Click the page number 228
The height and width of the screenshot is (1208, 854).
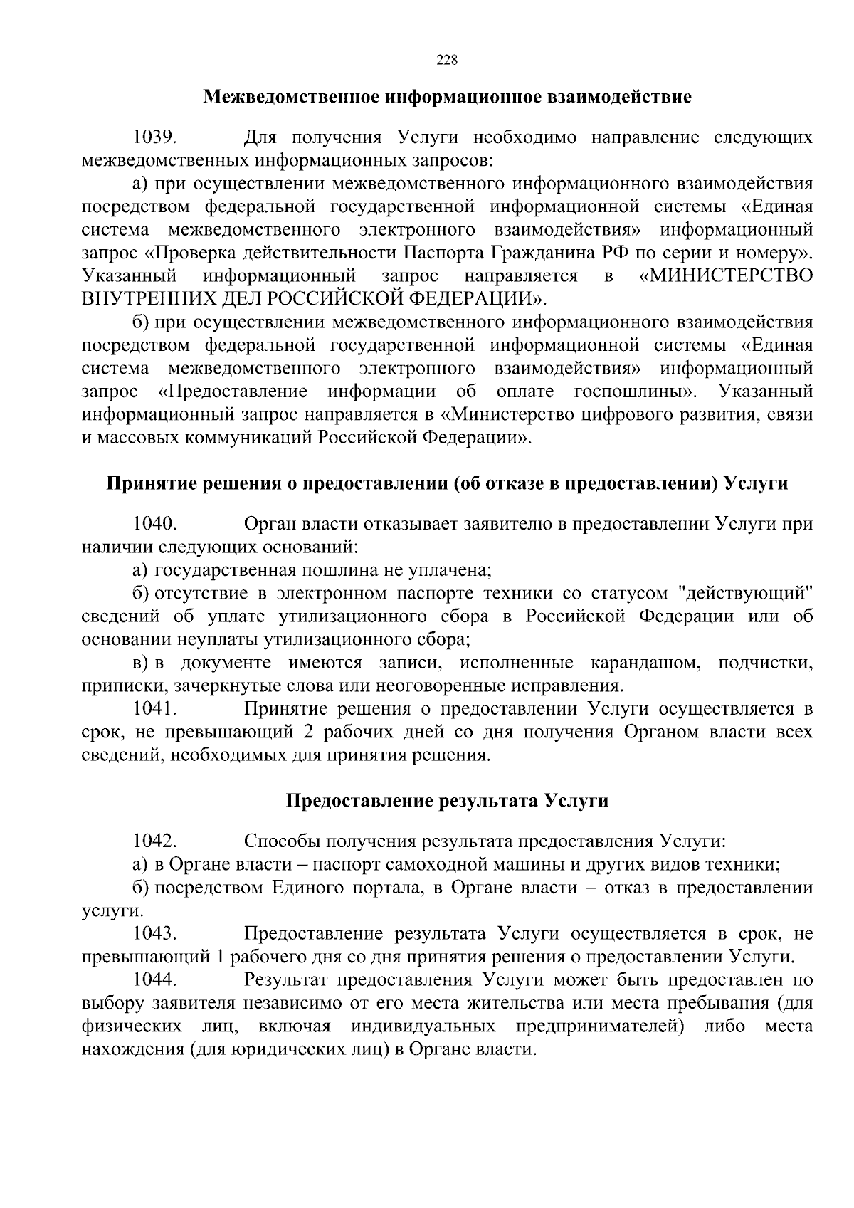446,60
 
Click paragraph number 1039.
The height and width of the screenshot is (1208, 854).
154,137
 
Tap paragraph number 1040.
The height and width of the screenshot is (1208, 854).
154,524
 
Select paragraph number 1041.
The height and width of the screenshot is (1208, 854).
154,708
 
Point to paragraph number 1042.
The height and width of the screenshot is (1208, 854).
154,841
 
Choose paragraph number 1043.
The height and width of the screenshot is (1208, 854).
154,933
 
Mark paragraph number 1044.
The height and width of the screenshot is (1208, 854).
154,979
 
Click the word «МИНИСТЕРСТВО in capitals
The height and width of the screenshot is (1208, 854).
727,275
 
